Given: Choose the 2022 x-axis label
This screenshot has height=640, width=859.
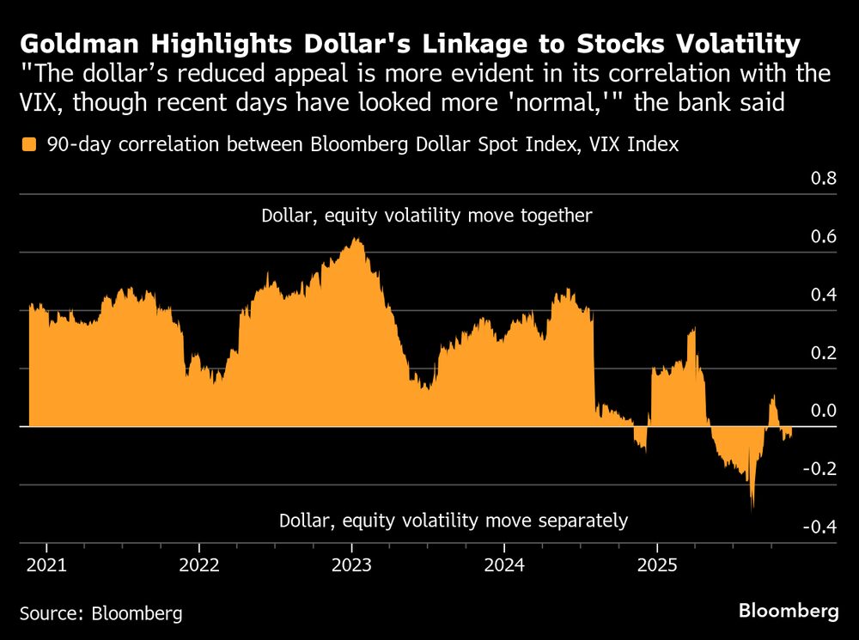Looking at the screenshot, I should (x=198, y=566).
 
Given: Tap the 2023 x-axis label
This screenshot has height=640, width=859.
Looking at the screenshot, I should (x=351, y=566).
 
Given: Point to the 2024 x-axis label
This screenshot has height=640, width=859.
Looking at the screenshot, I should (x=504, y=566).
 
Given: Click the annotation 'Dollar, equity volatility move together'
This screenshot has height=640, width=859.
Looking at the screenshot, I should (x=427, y=216).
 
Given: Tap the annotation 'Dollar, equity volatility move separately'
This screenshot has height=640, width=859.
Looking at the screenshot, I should (x=454, y=521).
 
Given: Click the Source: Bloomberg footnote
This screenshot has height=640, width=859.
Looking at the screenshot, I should (x=101, y=613).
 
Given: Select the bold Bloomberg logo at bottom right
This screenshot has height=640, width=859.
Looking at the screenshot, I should (x=789, y=611).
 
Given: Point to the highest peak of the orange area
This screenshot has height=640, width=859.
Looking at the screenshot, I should (x=356, y=240).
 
